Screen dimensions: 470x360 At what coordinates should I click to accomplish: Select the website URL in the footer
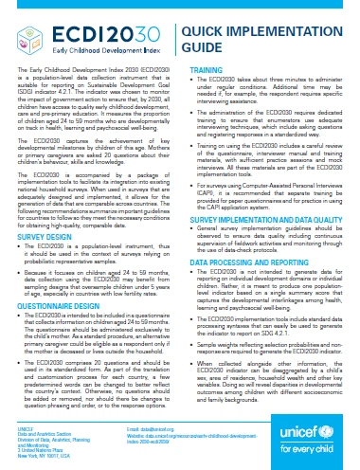(x=189, y=441)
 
